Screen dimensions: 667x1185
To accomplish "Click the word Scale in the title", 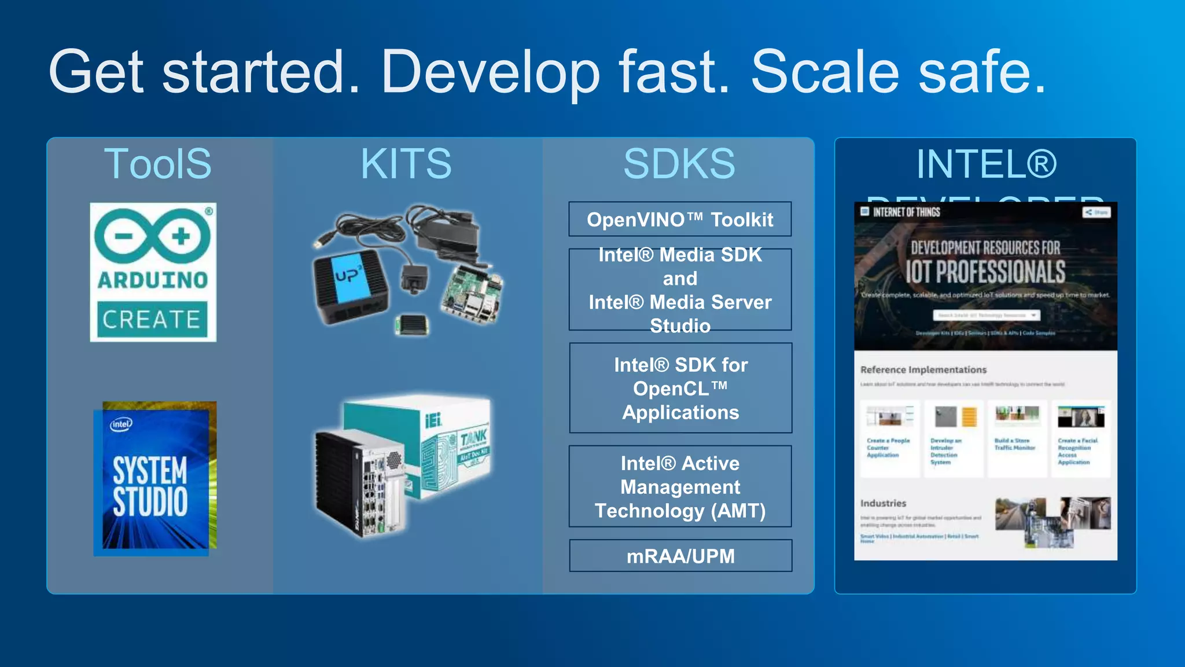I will coord(825,72).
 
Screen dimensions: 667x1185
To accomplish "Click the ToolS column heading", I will coord(157,164).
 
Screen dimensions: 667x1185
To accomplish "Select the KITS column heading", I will coord(406,164).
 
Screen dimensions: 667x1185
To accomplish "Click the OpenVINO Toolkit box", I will coord(680,219).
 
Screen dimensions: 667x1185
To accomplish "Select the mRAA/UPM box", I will coord(680,556).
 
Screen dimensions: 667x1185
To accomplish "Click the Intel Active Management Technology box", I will coord(680,486).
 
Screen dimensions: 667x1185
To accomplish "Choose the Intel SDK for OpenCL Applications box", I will coord(680,388).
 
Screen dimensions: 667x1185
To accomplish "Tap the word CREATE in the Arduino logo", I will coord(152,319).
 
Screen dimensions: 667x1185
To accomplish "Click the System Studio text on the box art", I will coord(150,486).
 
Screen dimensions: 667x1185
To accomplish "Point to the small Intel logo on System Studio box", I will coord(121,424).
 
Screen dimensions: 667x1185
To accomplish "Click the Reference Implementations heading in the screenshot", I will coord(923,369).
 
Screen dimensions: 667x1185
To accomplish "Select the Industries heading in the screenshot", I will coord(883,503).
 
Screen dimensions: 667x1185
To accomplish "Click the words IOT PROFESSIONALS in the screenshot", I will coord(985,272).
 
